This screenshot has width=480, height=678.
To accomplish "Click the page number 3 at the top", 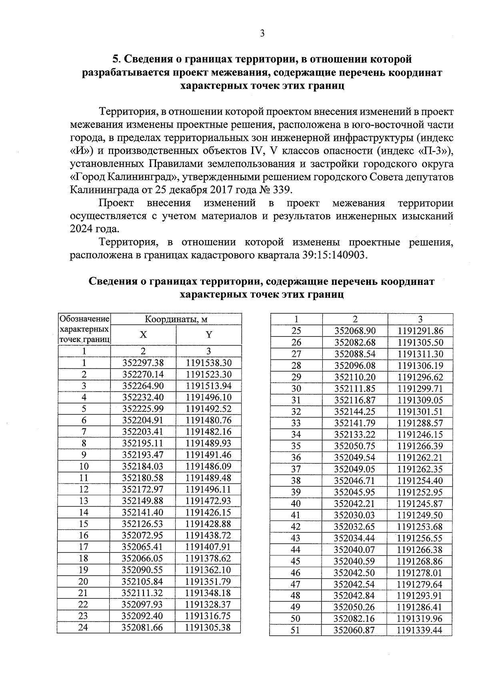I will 262,34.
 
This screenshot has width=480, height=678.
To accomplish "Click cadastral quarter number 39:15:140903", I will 331,255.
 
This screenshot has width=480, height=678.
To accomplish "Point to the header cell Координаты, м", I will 176,320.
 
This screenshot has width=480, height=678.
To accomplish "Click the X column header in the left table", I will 143,335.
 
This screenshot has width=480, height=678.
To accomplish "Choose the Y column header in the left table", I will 208,335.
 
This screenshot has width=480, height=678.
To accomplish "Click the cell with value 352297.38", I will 143,363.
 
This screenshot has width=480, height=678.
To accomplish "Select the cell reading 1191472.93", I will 208,501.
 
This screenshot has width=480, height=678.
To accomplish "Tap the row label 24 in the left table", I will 83,627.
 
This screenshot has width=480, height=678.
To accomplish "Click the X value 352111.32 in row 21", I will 143,593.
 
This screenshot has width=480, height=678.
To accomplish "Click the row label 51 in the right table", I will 295,630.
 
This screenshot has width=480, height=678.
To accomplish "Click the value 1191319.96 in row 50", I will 420,619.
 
